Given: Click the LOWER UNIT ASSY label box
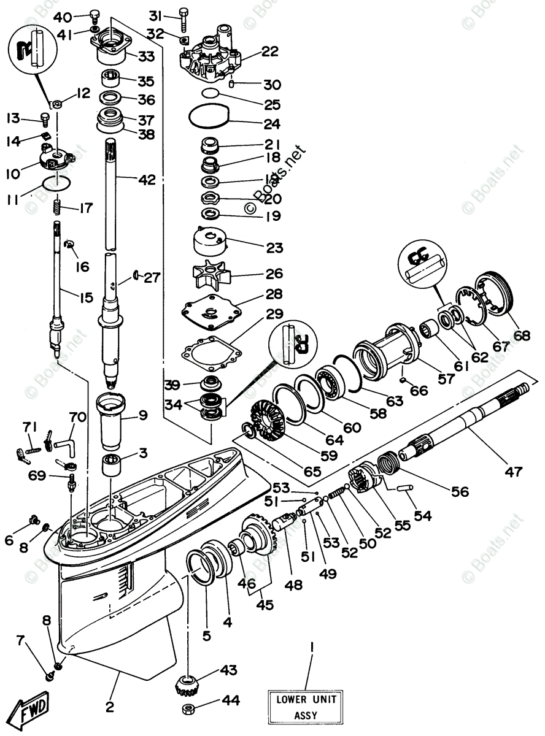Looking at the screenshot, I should pos(305,707).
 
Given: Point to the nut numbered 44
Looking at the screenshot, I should pos(189,709).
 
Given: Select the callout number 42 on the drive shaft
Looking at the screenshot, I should pos(147,180).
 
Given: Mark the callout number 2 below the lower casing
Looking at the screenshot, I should pos(110,707).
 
